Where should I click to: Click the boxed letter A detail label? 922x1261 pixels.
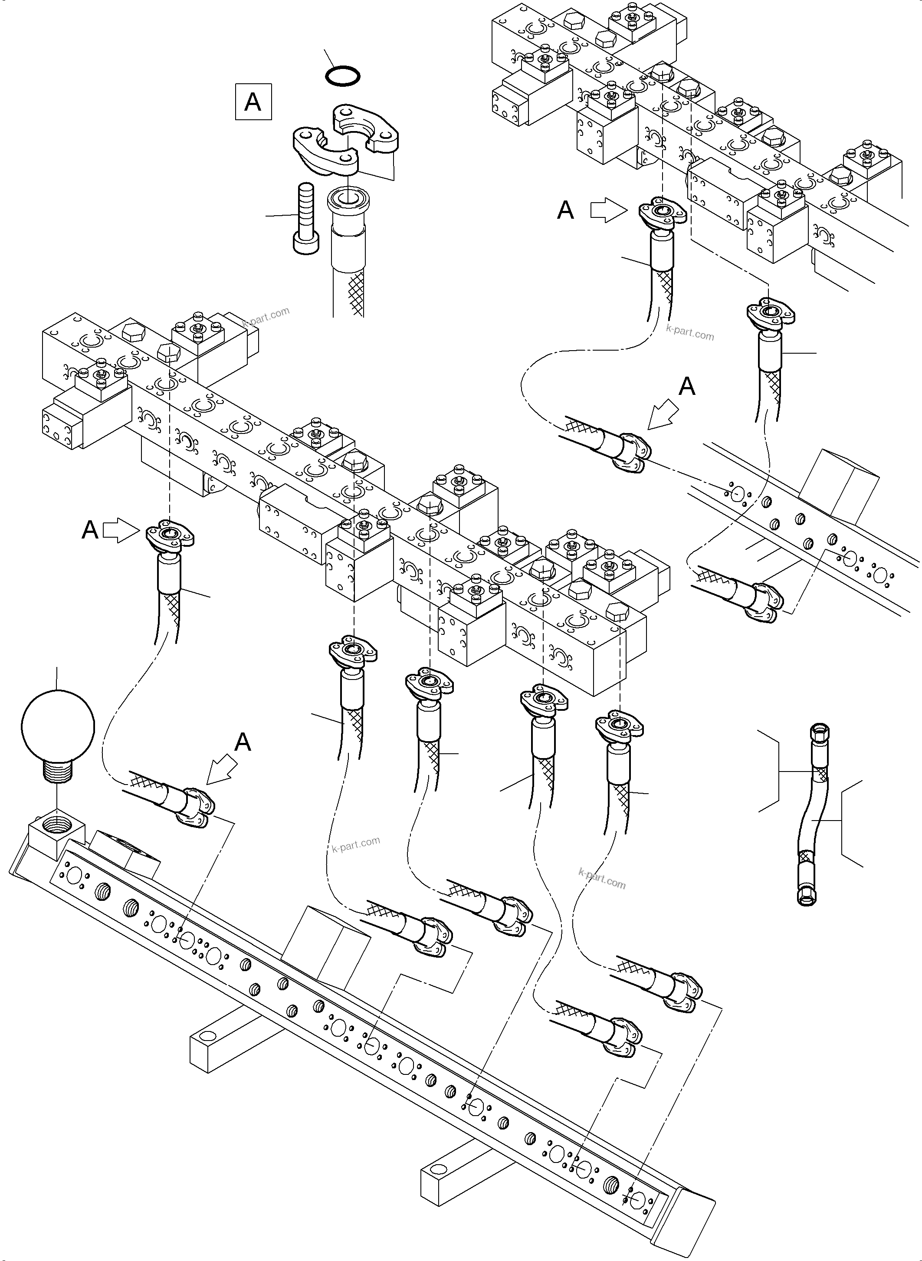click(x=253, y=102)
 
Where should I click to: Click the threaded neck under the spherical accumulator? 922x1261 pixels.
click(x=58, y=774)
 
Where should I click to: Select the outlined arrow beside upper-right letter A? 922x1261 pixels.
click(x=609, y=211)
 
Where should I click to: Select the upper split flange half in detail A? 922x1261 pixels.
click(x=367, y=128)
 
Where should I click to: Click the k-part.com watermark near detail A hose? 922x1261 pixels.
click(x=267, y=318)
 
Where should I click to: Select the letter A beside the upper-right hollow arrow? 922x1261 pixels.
click(x=565, y=211)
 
